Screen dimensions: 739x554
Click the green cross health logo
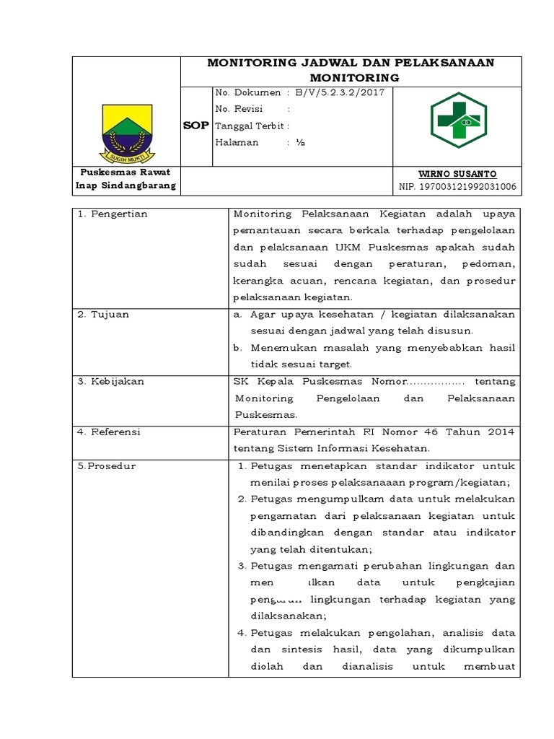tap(458, 120)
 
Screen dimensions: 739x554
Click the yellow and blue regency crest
tap(127, 132)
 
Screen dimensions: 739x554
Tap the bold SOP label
tap(195, 125)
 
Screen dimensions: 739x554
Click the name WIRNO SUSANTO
tap(458, 174)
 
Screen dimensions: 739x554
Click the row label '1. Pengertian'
tap(112, 214)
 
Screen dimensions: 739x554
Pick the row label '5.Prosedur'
tap(107, 465)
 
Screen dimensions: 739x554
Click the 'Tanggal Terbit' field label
tap(248, 125)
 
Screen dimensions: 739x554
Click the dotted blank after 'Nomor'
tap(436, 381)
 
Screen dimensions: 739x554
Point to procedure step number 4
tap(243, 633)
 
